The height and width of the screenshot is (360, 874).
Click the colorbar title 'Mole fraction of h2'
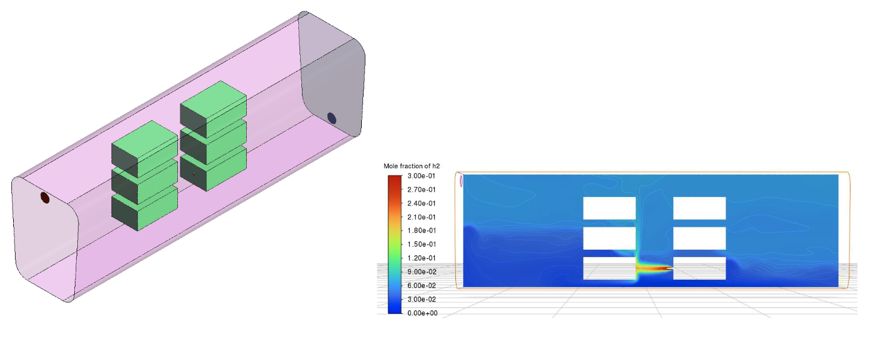click(x=412, y=166)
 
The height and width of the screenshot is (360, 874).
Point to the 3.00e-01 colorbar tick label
click(x=421, y=176)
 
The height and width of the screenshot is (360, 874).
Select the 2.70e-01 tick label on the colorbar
click(x=421, y=189)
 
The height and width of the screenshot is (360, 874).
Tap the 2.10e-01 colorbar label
click(x=421, y=217)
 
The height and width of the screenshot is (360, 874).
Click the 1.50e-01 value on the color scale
click(x=421, y=244)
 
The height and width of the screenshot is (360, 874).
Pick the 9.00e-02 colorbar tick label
click(x=422, y=272)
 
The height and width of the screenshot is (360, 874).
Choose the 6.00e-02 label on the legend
click(x=422, y=286)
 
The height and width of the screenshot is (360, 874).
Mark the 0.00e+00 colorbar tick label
click(x=422, y=313)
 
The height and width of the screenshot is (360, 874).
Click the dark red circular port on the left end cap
click(x=46, y=198)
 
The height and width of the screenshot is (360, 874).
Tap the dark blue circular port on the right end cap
click(x=332, y=118)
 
